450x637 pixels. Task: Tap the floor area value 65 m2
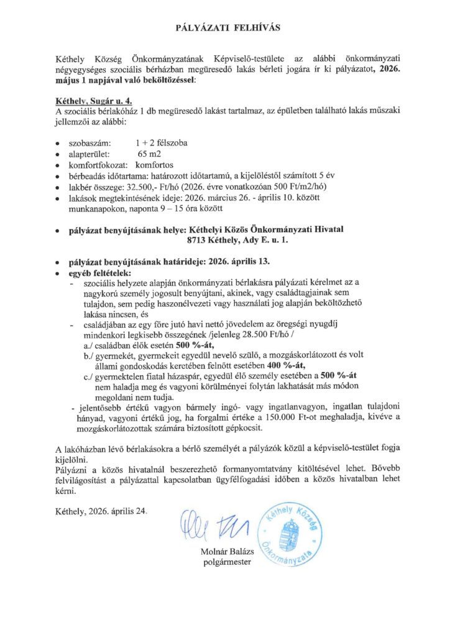click(x=149, y=154)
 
